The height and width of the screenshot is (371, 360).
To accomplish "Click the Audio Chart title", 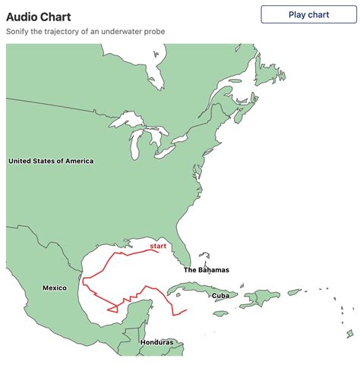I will pos(39,16).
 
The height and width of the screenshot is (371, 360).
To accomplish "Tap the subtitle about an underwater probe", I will pos(85,31).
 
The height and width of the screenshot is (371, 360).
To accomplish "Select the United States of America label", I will pos(51,161).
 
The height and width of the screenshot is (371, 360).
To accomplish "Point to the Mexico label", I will pos(55,288).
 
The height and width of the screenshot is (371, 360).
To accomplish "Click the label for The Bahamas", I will pos(206,270).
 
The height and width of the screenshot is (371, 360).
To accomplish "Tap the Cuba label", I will pos(220,295).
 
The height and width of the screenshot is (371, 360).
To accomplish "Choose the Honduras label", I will pos(156,342).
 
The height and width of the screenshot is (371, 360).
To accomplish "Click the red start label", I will pos(158,246).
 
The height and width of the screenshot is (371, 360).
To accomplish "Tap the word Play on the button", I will pos(297,14).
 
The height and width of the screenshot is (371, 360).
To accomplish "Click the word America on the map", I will pos(78,161).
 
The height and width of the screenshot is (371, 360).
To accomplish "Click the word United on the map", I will pos(20,161).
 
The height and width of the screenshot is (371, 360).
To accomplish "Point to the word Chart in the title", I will pos(58,16).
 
